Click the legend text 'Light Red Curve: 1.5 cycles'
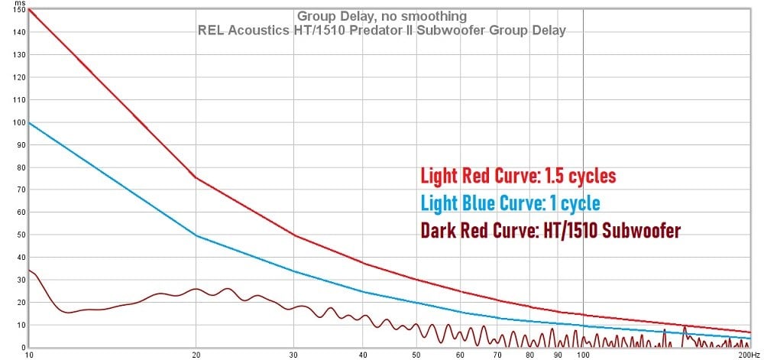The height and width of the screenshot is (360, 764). click(518, 176)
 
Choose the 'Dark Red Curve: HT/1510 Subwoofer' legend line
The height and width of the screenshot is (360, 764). click(550, 229)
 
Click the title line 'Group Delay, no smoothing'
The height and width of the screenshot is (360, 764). click(381, 16)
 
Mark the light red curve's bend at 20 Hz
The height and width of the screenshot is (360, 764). click(196, 178)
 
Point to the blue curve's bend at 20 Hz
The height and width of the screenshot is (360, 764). click(196, 235)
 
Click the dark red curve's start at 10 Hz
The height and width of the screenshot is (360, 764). click(28, 270)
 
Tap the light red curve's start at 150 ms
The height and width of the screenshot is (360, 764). click(28, 9)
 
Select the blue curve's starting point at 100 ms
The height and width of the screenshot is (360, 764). click(28, 122)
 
